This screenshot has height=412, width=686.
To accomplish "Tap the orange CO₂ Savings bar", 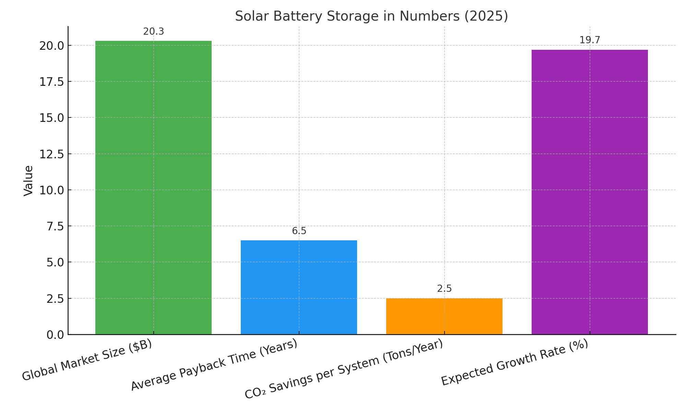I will pyautogui.click(x=444, y=316).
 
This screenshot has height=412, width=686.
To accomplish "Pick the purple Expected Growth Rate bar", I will pyautogui.click(x=590, y=192).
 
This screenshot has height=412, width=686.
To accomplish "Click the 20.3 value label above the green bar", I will pyautogui.click(x=153, y=32).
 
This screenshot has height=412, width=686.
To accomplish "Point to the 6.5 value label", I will pyautogui.click(x=299, y=231).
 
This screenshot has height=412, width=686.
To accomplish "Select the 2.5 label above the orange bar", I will pyautogui.click(x=444, y=289).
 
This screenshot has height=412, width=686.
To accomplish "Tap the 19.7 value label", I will pyautogui.click(x=590, y=40).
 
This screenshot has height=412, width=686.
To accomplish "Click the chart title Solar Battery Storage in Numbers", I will pyautogui.click(x=371, y=16).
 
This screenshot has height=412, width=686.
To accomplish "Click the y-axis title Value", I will pyautogui.click(x=28, y=181).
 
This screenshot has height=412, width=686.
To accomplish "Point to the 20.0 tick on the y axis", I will pyautogui.click(x=51, y=46).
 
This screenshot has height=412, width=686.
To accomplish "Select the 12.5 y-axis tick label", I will pyautogui.click(x=51, y=154).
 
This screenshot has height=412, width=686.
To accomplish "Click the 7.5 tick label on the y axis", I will pyautogui.click(x=55, y=226).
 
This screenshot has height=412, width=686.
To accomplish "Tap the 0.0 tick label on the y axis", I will pyautogui.click(x=55, y=335).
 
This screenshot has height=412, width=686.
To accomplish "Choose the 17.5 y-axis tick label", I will pyautogui.click(x=51, y=82).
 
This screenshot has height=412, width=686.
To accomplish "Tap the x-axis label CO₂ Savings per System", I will pyautogui.click(x=344, y=369).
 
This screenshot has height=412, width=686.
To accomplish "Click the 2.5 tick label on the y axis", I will pyautogui.click(x=55, y=299).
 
